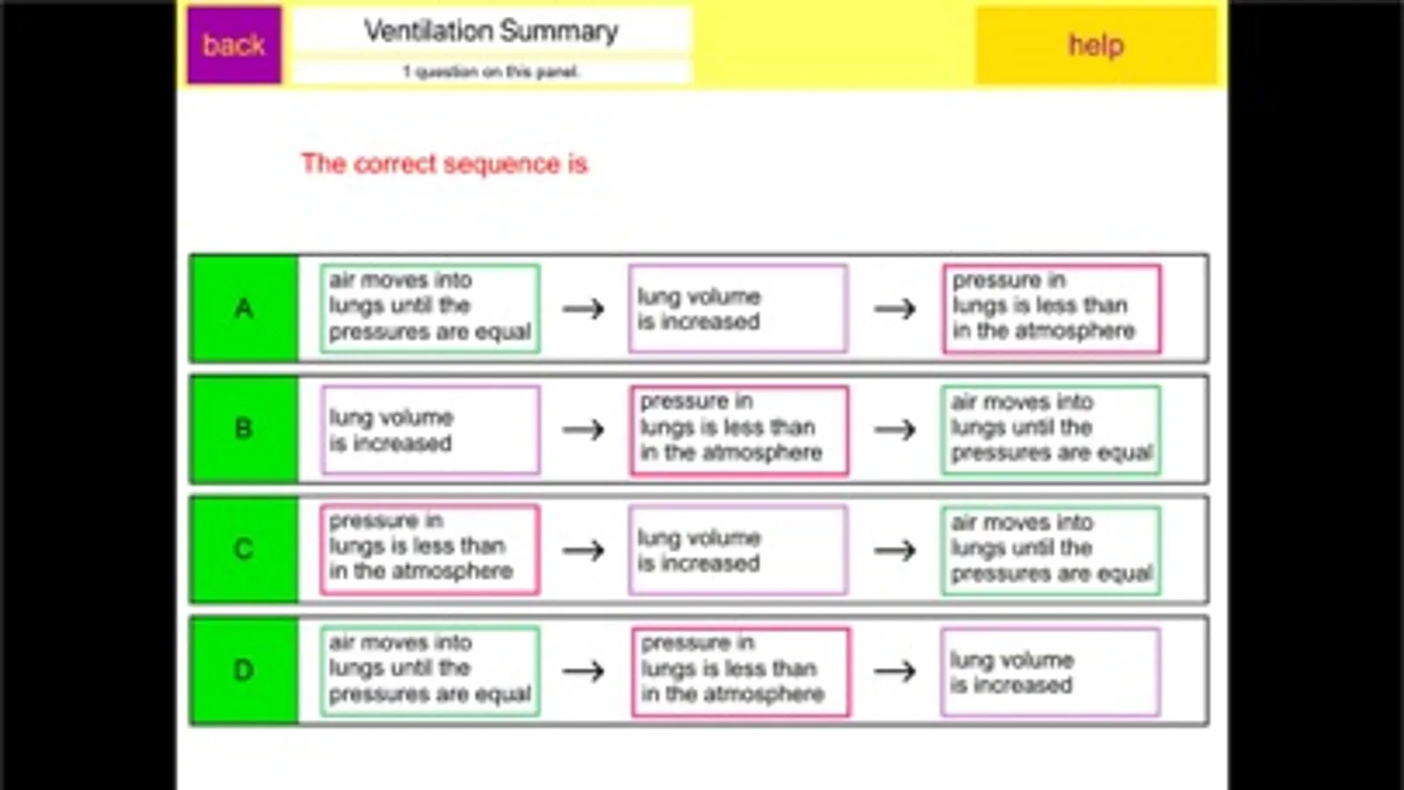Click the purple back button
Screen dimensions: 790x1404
coord(234,45)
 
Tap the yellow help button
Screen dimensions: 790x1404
coord(1095,45)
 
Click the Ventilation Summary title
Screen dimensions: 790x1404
coord(491,32)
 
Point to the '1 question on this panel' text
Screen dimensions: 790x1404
coord(491,72)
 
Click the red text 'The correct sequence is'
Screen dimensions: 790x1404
coord(444,164)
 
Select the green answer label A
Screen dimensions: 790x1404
coord(244,309)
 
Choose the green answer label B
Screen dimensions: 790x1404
coord(244,429)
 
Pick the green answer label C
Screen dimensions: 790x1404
coord(244,549)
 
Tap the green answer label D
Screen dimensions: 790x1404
coord(244,671)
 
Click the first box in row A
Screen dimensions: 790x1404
coord(429,308)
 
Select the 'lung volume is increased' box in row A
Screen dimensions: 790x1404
coord(738,308)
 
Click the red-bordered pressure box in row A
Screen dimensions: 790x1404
coord(1051,308)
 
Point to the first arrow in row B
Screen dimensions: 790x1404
coord(584,429)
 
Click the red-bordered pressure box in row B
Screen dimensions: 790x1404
coord(739,429)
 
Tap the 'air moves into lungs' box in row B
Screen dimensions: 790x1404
coord(1051,429)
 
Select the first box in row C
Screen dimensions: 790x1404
coord(429,549)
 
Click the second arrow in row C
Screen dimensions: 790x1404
coord(895,550)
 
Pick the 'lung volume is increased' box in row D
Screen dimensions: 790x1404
coord(1049,671)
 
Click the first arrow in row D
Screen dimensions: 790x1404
coord(584,671)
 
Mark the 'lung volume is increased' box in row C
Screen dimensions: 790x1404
coord(738,549)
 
